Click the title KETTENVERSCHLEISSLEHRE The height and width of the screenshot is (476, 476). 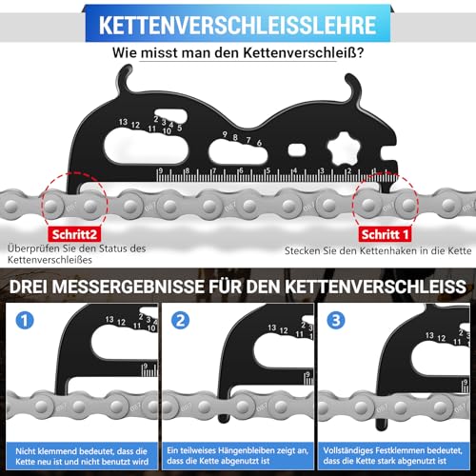[238, 23]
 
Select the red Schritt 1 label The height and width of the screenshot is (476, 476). [387, 231]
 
